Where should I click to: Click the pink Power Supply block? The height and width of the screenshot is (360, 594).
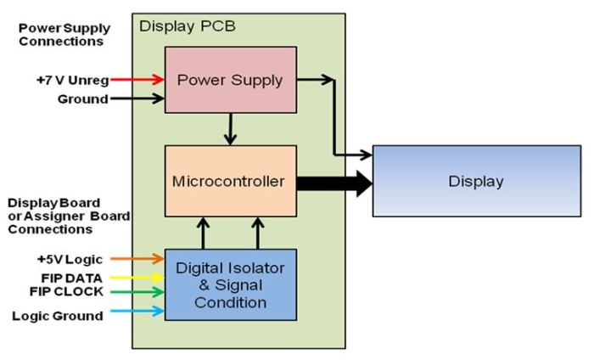[x=230, y=80]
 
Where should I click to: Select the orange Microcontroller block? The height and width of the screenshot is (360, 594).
[x=230, y=182]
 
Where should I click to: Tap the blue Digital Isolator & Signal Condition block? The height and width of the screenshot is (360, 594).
[x=230, y=284]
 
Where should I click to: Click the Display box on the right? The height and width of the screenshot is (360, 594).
[x=476, y=181]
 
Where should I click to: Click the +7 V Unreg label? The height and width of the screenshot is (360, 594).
[x=70, y=79]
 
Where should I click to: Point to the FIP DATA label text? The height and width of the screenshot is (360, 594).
[x=72, y=277]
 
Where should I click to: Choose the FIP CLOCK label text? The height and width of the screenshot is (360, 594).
[x=68, y=292]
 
